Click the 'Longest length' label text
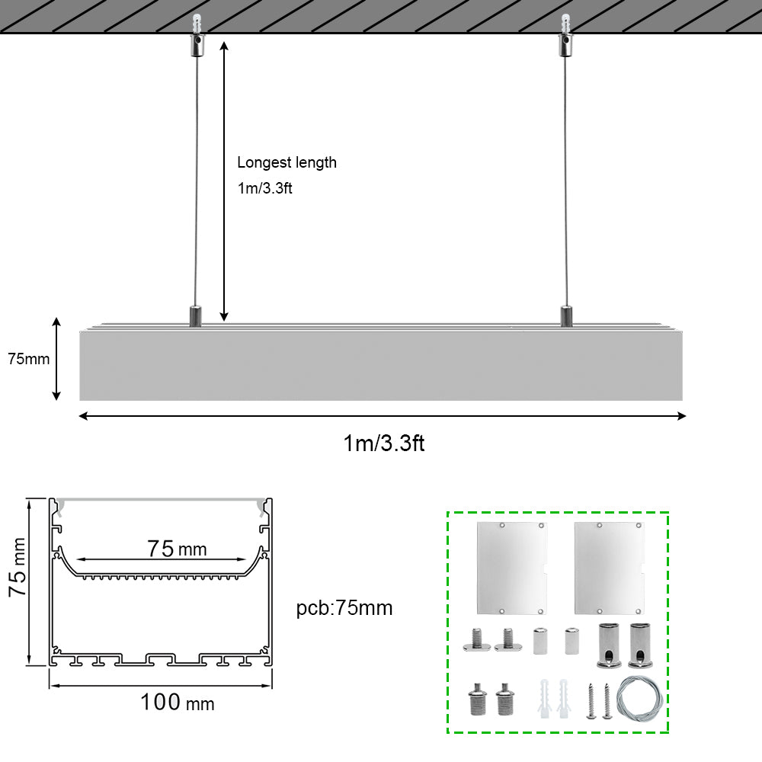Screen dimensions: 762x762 click(287, 163)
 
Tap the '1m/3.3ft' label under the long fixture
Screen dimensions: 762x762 click(384, 443)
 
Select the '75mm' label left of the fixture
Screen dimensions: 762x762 click(29, 359)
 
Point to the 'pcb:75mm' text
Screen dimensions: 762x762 click(344, 608)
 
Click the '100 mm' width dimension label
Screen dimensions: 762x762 click(178, 703)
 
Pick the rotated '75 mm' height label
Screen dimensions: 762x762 click(18, 567)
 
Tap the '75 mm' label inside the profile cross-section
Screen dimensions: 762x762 click(177, 549)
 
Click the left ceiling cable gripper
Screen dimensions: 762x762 click(197, 36)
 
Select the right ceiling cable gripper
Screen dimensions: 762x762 click(565, 36)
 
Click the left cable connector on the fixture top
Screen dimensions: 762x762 click(195, 316)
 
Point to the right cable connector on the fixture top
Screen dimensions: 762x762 click(566, 316)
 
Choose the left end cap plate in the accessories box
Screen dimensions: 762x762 click(512, 568)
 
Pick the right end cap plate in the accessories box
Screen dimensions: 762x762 click(610, 568)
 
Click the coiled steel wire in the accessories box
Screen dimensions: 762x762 click(639, 700)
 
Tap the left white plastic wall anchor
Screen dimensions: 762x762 click(544, 699)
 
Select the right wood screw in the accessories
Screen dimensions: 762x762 click(607, 701)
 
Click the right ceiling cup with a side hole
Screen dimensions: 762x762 click(640, 645)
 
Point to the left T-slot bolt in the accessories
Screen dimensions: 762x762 click(477, 639)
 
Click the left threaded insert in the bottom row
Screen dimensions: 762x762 click(477, 700)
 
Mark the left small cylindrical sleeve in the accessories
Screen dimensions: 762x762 click(540, 641)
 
